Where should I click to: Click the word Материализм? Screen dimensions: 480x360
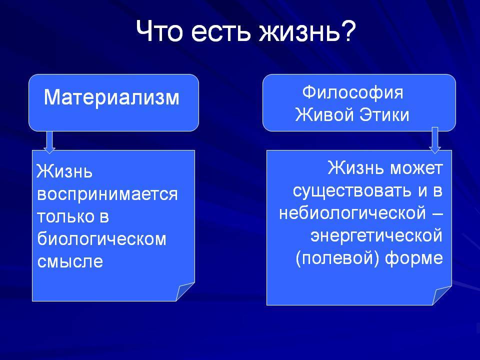point(111,97)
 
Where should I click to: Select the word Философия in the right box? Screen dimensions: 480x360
point(352,92)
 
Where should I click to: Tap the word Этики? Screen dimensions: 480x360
point(384,115)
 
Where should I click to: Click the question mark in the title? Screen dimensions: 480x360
point(348,30)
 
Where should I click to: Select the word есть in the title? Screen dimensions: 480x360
point(220,33)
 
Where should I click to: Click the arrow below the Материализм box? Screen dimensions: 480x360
point(49,142)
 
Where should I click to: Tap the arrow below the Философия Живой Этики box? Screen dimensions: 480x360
point(435,140)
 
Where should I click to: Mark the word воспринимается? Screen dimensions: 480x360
point(107,194)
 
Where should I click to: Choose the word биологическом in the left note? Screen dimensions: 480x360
point(101,239)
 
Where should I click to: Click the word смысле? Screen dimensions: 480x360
point(70,261)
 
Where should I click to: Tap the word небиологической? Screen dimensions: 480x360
point(352,213)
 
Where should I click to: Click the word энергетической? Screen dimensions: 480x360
point(376,235)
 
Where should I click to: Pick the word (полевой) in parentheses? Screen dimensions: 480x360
point(337,258)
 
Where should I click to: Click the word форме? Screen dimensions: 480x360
point(414,258)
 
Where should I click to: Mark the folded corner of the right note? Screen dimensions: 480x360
point(441,295)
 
